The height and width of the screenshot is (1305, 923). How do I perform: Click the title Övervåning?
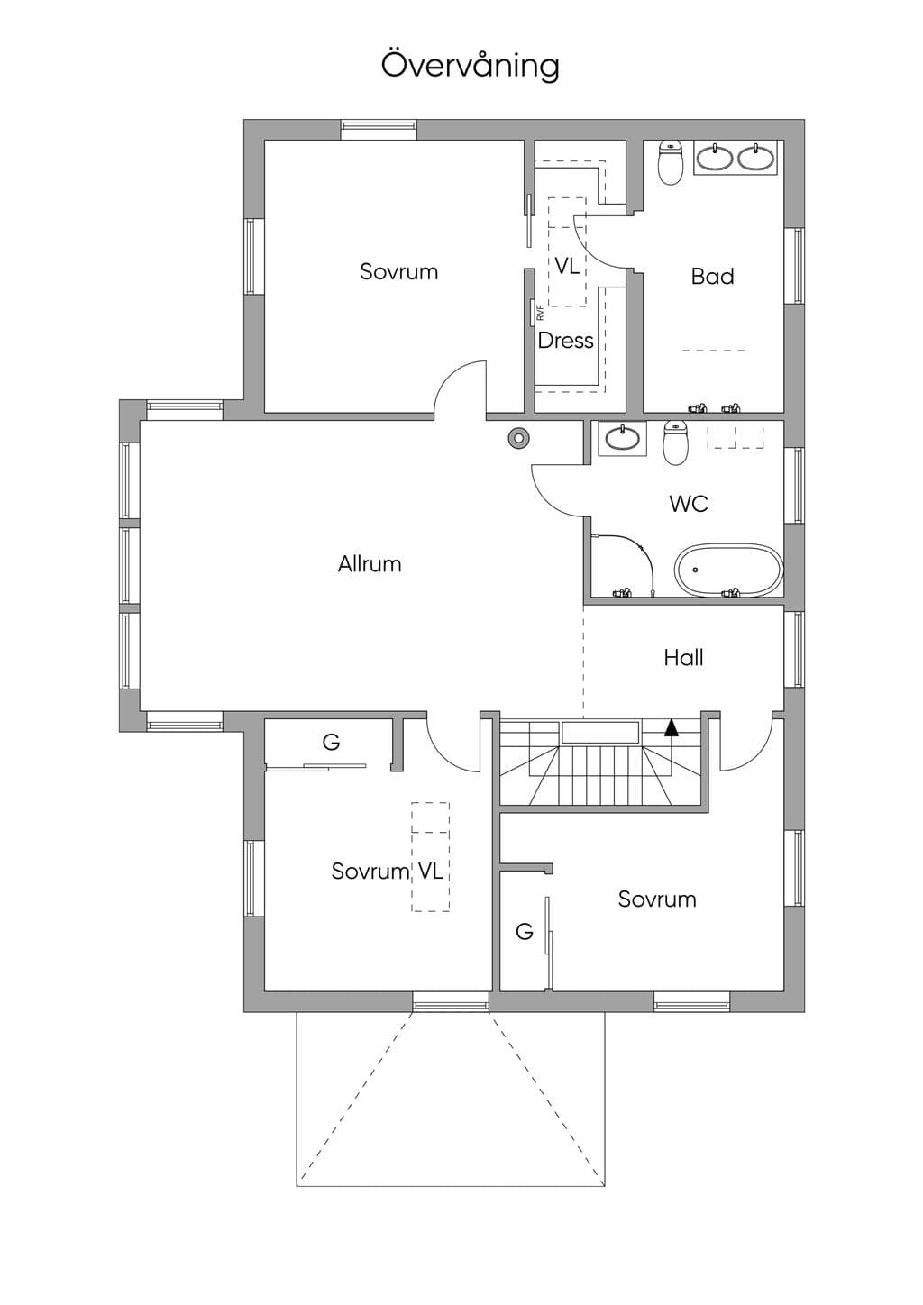pyautogui.click(x=471, y=65)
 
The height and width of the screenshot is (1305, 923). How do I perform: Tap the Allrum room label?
pyautogui.click(x=370, y=564)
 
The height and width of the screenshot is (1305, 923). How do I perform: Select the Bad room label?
pyautogui.click(x=712, y=276)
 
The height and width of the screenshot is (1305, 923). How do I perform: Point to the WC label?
pyautogui.click(x=688, y=504)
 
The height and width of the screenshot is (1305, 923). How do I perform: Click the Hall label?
pyautogui.click(x=683, y=658)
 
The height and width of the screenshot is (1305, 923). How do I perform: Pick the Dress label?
pyautogui.click(x=565, y=341)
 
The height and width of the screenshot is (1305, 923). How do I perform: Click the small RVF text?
pyautogui.click(x=540, y=314)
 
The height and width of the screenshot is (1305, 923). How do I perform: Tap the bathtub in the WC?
pyautogui.click(x=729, y=570)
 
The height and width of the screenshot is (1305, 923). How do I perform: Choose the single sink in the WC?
pyautogui.click(x=622, y=437)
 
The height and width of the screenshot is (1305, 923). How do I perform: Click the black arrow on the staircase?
pyautogui.click(x=672, y=727)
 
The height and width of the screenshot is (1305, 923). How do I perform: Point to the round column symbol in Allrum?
pyautogui.click(x=517, y=437)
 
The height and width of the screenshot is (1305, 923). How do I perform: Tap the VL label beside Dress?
pyautogui.click(x=567, y=266)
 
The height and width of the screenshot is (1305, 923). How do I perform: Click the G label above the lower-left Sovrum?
pyautogui.click(x=331, y=742)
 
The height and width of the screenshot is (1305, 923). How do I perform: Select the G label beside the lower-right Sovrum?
pyautogui.click(x=525, y=932)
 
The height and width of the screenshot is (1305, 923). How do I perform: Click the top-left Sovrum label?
pyautogui.click(x=398, y=271)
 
